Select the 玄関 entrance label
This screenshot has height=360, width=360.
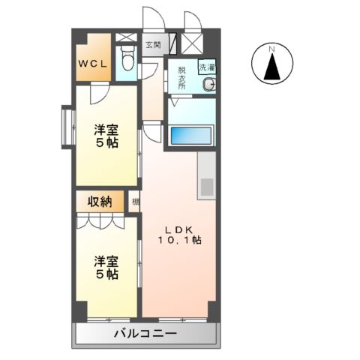[153, 44]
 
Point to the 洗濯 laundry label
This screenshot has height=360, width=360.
[206, 67]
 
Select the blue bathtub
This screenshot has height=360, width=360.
[192, 136]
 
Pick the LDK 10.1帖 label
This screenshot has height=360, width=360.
[179, 235]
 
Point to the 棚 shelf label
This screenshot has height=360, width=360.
[136, 202]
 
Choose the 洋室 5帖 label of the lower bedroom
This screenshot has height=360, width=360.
[106, 268]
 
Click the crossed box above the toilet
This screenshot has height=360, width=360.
[129, 38]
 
